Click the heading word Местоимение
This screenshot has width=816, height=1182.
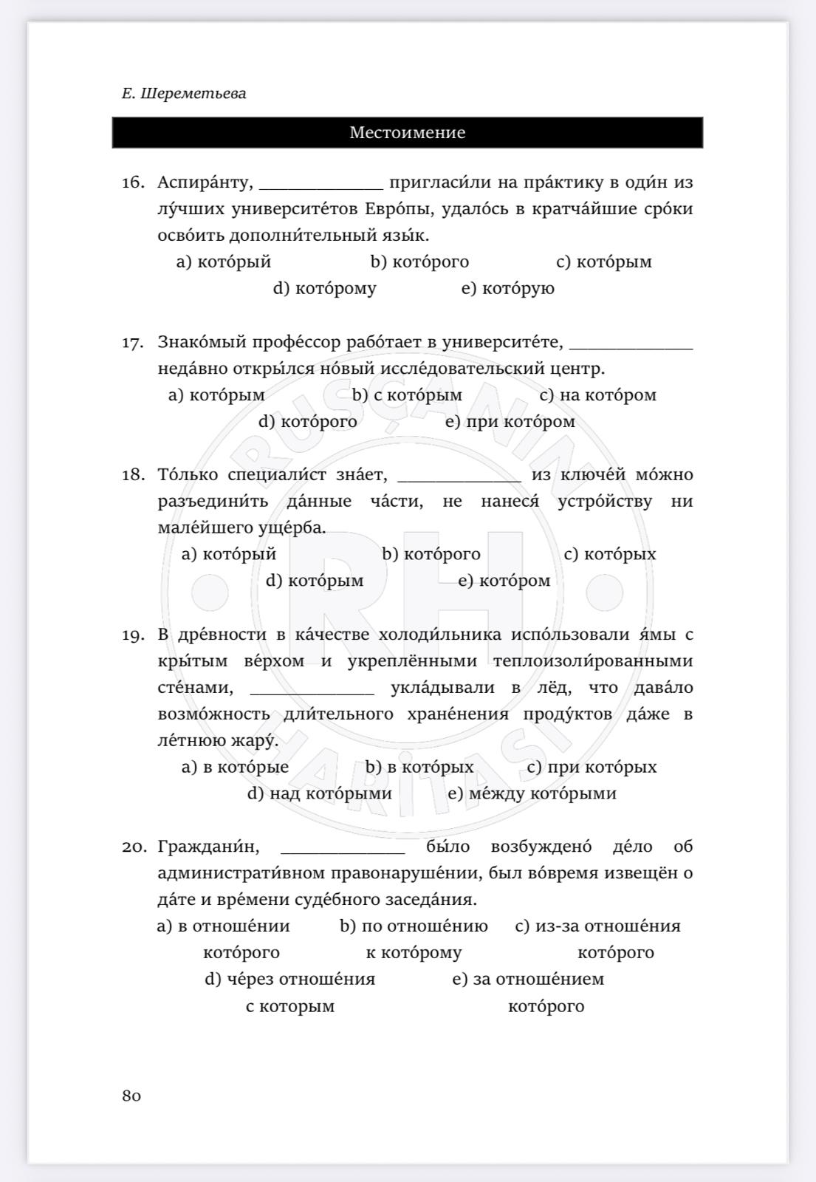tap(407, 133)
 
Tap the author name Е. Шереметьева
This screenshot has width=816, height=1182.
tap(184, 94)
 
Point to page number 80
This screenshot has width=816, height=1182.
tap(131, 1096)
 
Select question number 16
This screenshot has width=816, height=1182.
tap(133, 182)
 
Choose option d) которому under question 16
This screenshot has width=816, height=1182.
tap(324, 288)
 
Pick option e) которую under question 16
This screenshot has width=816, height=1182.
tap(507, 288)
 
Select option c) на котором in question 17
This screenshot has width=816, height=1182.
tap(597, 395)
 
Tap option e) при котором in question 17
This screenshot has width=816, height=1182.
tap(510, 422)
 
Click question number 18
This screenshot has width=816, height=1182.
tap(133, 475)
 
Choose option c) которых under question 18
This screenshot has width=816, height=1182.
tap(609, 554)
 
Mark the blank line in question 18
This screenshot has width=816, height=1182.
tap(459, 479)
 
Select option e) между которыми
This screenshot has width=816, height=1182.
tap(532, 793)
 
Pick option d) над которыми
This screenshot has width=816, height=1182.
tap(319, 793)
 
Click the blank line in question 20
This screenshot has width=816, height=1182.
tap(343, 851)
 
